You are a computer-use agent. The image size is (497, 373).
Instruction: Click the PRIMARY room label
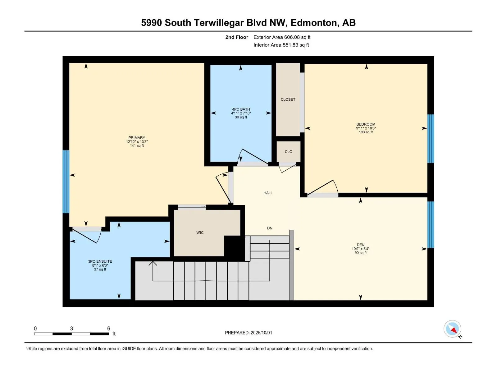[137, 138]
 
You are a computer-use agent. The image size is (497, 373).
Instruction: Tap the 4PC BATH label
[241, 109]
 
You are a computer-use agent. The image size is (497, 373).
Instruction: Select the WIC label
[200, 233]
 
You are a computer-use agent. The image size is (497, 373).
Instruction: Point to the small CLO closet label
[289, 151]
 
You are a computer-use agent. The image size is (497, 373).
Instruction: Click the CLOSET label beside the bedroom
[288, 99]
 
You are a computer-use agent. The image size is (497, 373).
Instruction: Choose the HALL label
[268, 193]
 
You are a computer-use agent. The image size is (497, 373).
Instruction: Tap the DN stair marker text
[270, 228]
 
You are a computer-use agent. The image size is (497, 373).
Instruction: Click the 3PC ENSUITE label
[100, 261]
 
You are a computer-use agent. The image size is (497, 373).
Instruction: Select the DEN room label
[361, 245]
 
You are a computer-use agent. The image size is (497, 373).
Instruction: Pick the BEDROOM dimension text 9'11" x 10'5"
[366, 128]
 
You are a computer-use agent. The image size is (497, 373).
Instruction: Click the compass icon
[452, 329]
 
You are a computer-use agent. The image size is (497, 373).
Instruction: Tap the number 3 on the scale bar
[71, 329]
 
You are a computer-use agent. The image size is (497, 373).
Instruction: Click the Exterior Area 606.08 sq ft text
[282, 37]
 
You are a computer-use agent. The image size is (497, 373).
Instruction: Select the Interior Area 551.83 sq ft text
[281, 45]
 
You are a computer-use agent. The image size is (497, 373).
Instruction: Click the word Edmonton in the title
[315, 23]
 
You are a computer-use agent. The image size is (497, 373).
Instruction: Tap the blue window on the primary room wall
[66, 182]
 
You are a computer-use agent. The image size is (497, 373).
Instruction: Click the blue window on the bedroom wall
[431, 139]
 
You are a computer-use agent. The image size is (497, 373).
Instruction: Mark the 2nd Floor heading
[237, 37]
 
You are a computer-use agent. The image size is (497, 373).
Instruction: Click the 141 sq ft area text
[137, 145]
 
